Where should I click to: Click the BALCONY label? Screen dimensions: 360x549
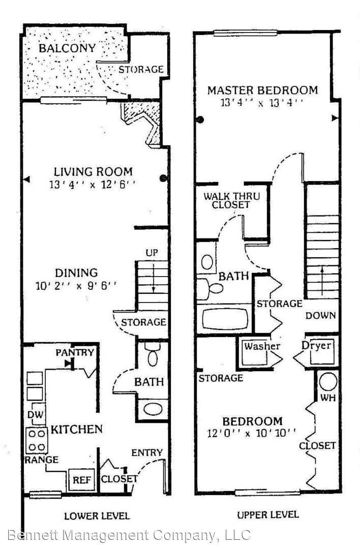67,48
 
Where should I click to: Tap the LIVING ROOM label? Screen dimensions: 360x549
93,172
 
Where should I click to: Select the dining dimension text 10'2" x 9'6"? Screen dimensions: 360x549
76,286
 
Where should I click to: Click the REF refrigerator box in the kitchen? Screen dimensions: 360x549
81,480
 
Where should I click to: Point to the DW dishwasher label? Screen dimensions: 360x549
36,415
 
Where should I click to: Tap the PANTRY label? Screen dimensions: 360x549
75,352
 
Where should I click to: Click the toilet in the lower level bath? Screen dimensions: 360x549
153,354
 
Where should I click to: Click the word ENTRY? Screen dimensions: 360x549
147,453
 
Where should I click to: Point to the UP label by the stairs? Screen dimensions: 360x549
152,253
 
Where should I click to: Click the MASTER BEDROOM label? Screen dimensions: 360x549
263,90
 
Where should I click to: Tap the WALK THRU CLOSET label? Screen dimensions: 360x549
232,200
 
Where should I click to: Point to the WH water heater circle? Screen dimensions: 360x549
328,382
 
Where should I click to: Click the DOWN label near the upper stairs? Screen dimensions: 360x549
320,316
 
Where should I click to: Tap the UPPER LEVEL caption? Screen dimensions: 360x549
268,514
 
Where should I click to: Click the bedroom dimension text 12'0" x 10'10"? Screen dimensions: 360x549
251,434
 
